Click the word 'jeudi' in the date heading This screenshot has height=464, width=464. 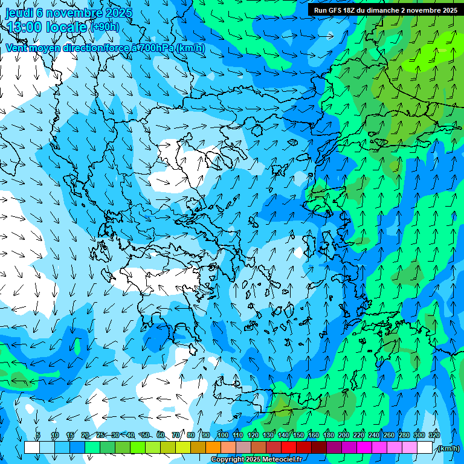coord(19,13)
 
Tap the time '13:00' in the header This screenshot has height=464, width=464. coord(24,27)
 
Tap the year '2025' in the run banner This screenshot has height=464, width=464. coord(448,10)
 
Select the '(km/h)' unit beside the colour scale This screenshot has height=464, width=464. coord(447,448)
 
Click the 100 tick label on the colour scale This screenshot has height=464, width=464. coord(222,436)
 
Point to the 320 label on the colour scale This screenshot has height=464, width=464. coord(433,436)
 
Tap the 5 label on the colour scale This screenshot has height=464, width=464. coord(38,436)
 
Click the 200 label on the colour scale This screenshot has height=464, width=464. coord(343,436)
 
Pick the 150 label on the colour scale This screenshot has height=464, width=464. coord(298,436)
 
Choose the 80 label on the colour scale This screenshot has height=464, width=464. coord(191,436)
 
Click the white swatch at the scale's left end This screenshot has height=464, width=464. coord(32,448)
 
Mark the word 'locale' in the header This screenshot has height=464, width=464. coord(66,27)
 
